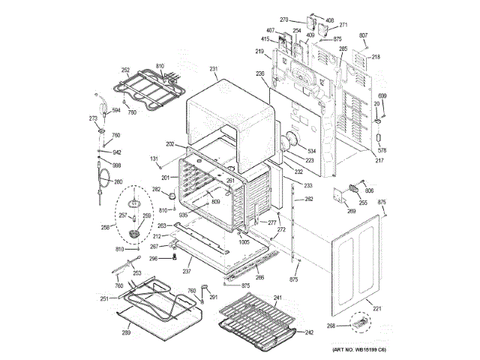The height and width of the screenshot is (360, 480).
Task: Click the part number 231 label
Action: point(214,69)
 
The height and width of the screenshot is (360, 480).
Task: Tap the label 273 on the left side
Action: point(93,118)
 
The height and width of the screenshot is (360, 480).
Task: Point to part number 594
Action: point(116,110)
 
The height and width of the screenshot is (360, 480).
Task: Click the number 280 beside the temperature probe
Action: point(118,181)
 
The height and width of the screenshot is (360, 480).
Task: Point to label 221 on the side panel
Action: point(377,309)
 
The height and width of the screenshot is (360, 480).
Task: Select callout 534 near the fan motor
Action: point(312,150)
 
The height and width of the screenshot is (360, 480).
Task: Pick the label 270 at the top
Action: point(283,20)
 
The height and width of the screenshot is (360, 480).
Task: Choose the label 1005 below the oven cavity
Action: point(244,243)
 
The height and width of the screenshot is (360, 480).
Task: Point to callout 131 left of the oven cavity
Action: point(154,158)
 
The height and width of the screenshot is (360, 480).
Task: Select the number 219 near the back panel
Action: point(259,52)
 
